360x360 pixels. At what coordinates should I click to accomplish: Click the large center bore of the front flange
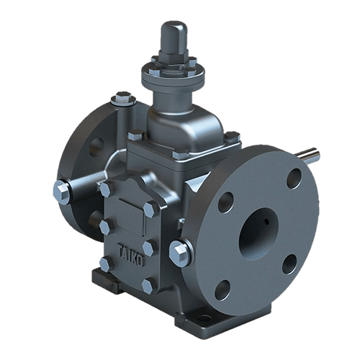tap(259, 234)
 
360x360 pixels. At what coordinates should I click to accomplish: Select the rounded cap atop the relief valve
tap(174, 35)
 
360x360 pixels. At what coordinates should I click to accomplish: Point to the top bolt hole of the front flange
tap(294, 179)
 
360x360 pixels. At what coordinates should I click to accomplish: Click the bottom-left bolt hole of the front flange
tap(222, 289)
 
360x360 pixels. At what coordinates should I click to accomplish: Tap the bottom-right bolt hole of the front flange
tap(289, 264)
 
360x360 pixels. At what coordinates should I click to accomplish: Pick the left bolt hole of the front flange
tap(225, 202)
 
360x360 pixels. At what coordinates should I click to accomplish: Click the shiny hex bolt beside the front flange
tap(179, 253)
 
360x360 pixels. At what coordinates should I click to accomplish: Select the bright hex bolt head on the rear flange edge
tap(62, 192)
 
